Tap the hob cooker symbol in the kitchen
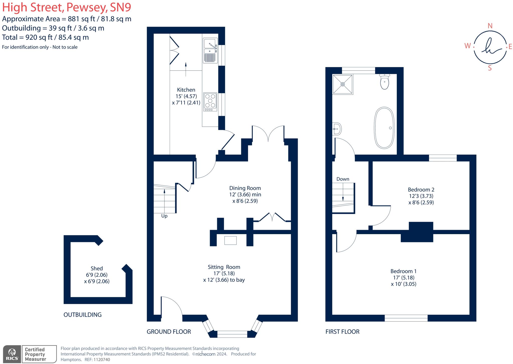pos(210,102)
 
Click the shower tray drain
pos(343,84)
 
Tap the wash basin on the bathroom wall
pos(337,129)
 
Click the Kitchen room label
pos(186,90)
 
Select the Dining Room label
pos(245,188)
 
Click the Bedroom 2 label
pos(421,190)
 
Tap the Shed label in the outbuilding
pos(97,268)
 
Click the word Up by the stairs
pos(164,216)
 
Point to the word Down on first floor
pos(343,179)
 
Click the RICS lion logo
pos(12,352)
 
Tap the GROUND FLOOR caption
pos(169,332)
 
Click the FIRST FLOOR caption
pos(342,332)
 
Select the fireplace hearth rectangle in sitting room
pos(230,240)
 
